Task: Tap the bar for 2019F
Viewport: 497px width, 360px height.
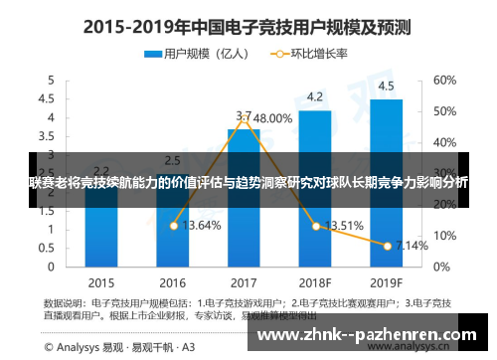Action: point(386,183)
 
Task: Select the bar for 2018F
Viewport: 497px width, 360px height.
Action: point(315,189)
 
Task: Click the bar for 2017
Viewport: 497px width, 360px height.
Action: point(244,198)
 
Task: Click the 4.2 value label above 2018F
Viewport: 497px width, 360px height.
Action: point(315,96)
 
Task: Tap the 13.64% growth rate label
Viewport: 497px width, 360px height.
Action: point(202,226)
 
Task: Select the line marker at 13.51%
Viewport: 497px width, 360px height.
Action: point(315,226)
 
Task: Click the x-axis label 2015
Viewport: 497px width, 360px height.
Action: point(100,281)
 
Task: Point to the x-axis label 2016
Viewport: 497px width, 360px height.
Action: point(172,281)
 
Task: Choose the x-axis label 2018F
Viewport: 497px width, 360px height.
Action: point(315,281)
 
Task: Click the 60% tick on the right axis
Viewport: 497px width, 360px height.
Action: point(444,80)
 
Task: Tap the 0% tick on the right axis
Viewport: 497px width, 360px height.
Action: point(440,267)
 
